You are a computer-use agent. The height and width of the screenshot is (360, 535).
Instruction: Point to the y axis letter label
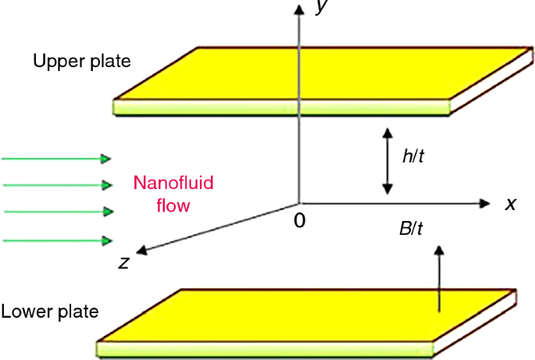point(319,8)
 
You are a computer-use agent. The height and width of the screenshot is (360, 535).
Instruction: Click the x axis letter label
point(511,204)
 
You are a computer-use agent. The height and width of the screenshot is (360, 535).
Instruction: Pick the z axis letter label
point(123,262)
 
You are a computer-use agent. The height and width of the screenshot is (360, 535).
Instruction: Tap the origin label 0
point(299,221)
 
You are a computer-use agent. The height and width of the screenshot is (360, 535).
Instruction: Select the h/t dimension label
point(413,156)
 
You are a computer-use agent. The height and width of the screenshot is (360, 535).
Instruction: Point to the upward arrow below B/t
point(439,278)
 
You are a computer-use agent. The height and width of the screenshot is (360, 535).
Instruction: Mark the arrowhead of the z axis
point(142,251)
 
